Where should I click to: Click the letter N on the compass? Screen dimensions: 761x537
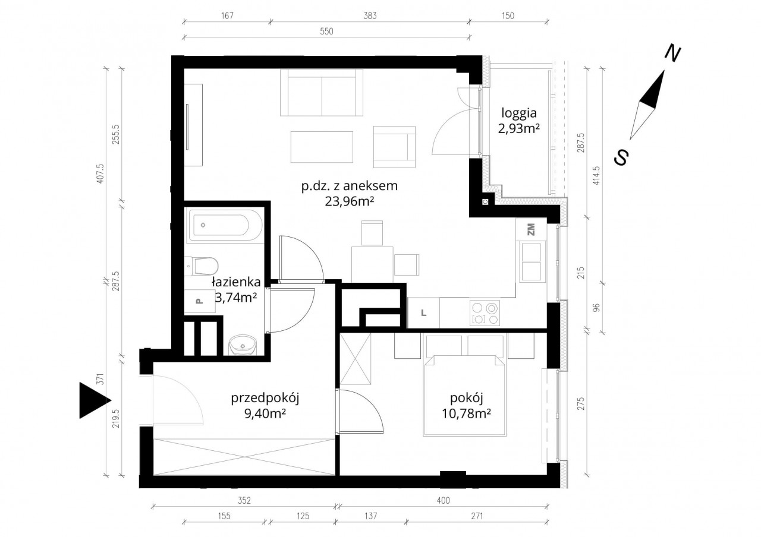[x=672, y=53]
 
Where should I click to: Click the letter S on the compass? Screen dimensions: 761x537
[x=621, y=157]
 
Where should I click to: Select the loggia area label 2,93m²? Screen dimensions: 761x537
[x=519, y=129]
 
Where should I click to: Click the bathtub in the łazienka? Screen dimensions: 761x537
[x=224, y=225]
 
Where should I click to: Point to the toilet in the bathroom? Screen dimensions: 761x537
[x=202, y=266]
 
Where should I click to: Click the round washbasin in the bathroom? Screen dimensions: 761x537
[x=242, y=345]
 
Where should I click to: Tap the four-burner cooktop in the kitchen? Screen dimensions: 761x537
[x=485, y=313]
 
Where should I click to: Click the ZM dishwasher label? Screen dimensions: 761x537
[x=531, y=229]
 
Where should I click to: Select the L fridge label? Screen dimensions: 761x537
[x=424, y=313]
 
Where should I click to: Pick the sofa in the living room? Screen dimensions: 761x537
[x=322, y=93]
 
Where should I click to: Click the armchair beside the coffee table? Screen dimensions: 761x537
[x=394, y=147]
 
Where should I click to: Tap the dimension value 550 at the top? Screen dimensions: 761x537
[x=326, y=31]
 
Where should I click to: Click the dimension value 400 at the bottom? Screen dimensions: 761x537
[x=444, y=500]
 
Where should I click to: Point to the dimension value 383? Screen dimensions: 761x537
[x=370, y=15]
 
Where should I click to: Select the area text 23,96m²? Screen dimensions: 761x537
[x=350, y=201]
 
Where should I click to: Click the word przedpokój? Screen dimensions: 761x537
[x=265, y=399]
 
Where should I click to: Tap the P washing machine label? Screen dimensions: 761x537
[x=199, y=301]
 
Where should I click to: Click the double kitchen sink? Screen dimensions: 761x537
[x=531, y=262]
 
